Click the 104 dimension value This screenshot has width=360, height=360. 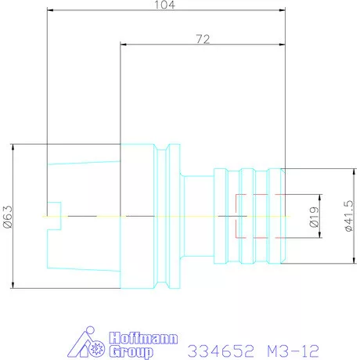164,5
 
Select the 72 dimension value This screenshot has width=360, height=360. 203,39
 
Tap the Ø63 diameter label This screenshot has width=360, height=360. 8,217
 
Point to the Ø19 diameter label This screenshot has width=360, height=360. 314,217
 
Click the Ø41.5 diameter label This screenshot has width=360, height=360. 349,216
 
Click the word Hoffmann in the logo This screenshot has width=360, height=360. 143,338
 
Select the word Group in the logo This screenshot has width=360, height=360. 131,351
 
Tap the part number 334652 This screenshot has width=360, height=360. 221,351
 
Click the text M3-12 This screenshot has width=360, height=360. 293,351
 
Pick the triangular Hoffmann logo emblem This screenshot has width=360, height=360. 86,342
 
